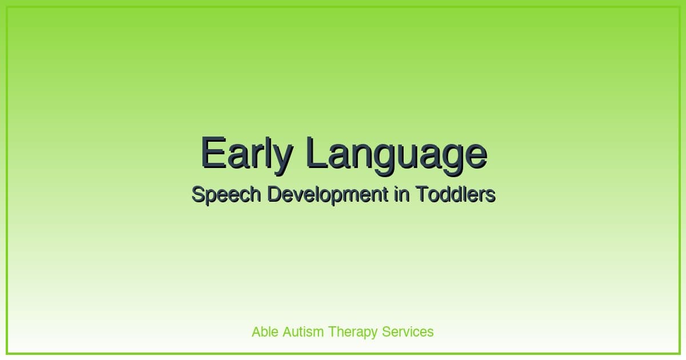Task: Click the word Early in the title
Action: pos(247,153)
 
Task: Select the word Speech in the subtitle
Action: pos(226,195)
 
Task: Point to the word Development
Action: pos(328,195)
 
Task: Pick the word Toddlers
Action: pos(455,195)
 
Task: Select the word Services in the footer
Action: pos(408,331)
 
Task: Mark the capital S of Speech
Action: pos(197,195)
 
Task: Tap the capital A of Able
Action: pos(257,331)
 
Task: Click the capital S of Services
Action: pos(386,331)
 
